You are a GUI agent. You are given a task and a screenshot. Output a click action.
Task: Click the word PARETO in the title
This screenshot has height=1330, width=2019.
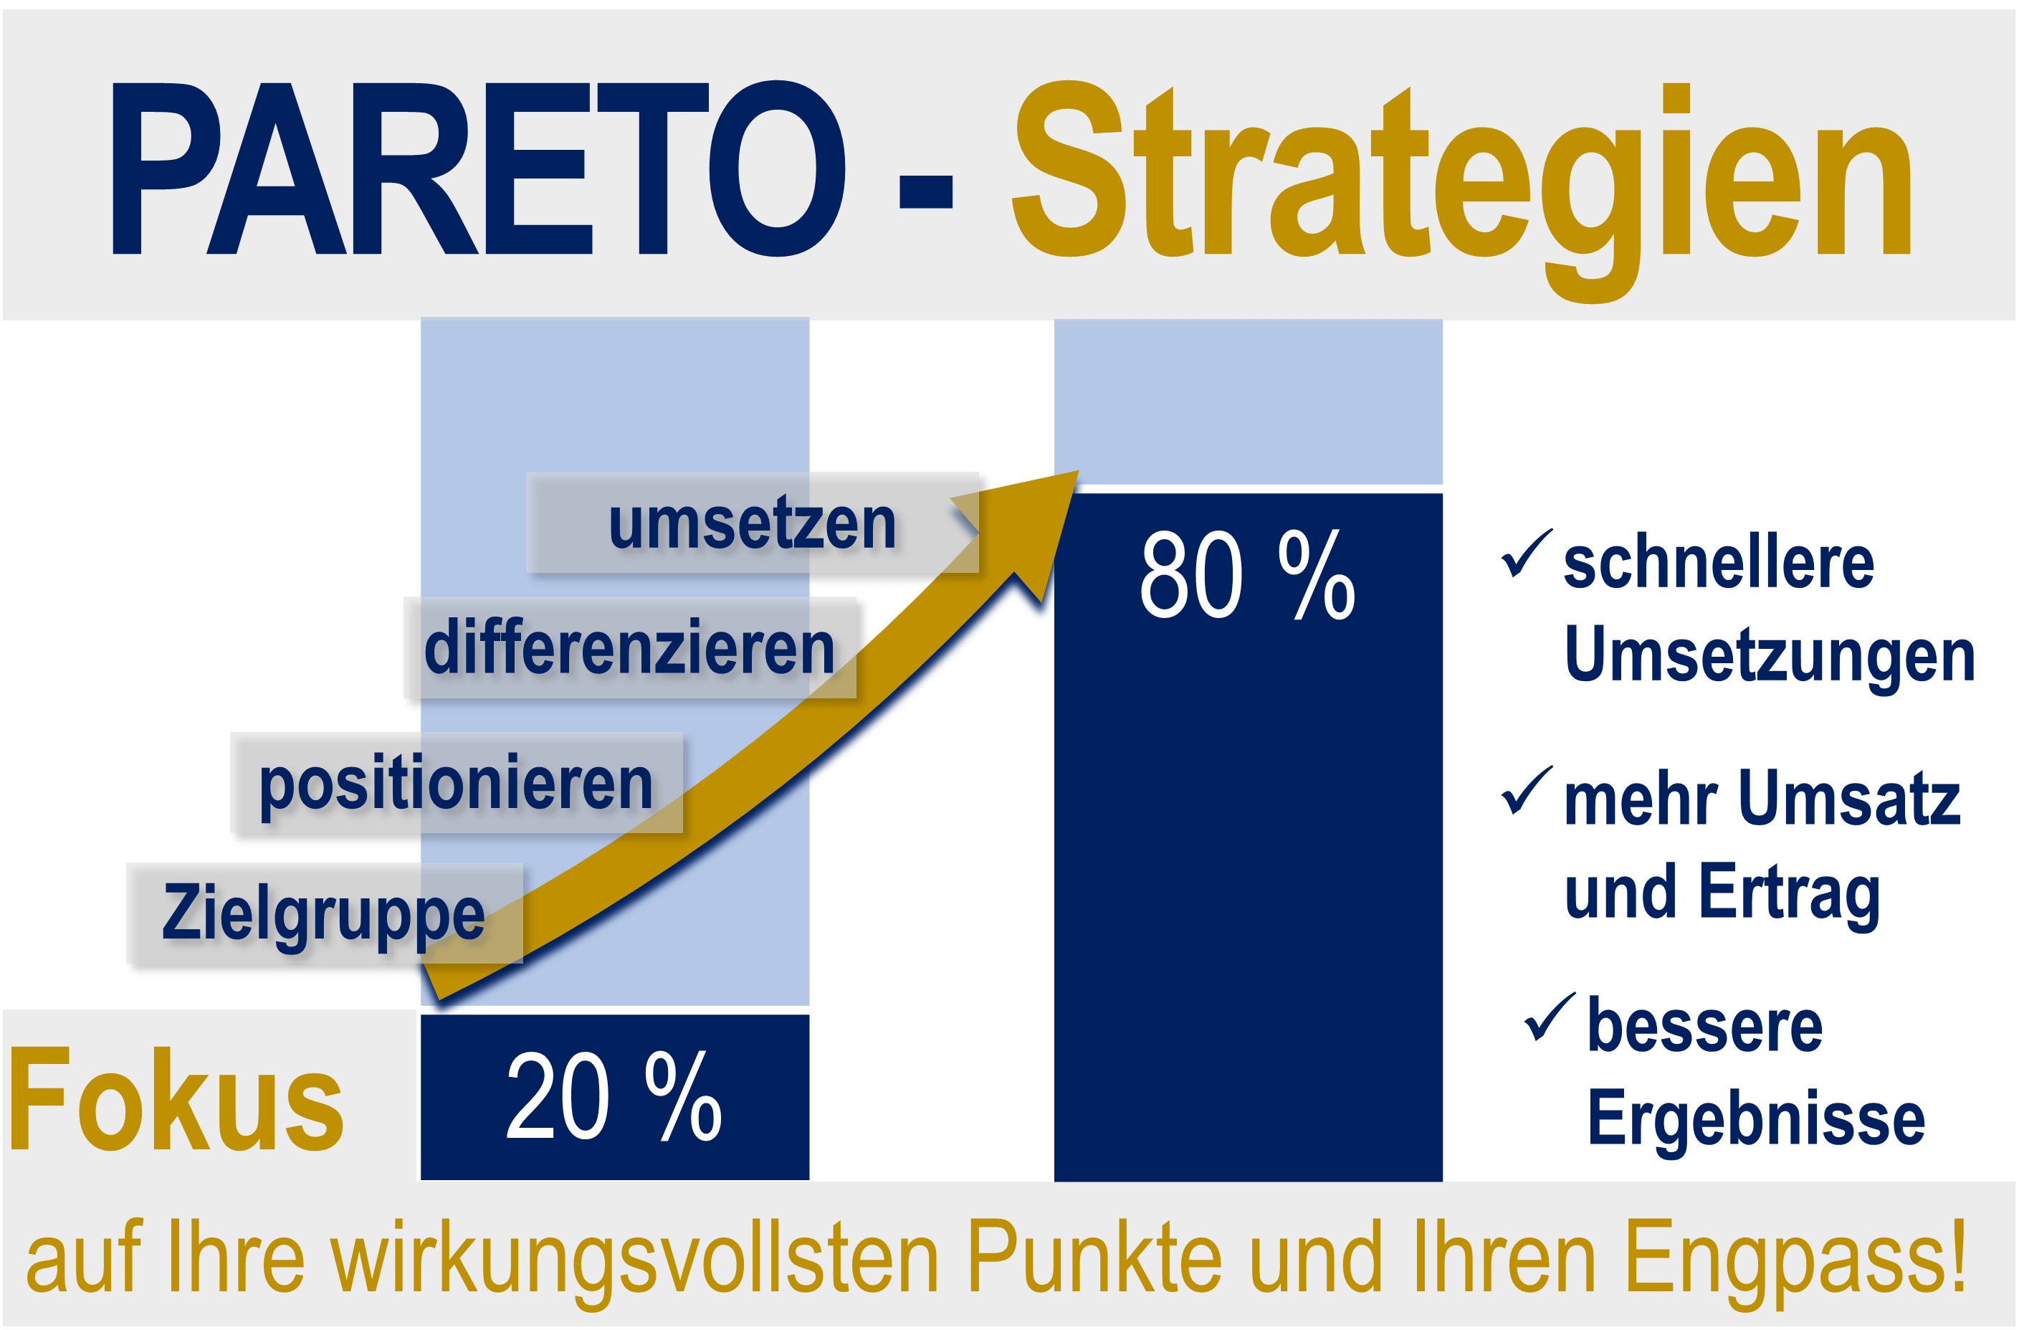point(479,168)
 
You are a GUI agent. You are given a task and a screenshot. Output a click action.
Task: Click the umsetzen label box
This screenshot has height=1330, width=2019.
point(752,523)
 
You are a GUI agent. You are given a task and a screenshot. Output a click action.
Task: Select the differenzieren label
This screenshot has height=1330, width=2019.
point(629,647)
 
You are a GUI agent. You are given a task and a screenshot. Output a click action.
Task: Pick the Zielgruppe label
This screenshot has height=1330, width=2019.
point(324,913)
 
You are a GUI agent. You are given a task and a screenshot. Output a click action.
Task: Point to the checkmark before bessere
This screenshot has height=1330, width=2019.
point(1550,1017)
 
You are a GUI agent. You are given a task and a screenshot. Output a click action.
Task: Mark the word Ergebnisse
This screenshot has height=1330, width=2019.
point(1756,1122)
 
